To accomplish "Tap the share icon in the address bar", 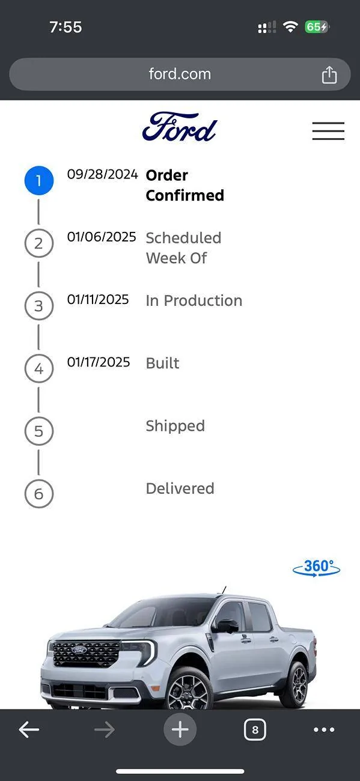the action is tap(329, 75).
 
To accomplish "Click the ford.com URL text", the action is tap(180, 74).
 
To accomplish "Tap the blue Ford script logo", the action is tap(180, 127).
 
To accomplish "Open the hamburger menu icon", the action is tap(328, 131).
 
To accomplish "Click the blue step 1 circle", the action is tap(38, 181).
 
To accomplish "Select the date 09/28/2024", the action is tap(102, 174).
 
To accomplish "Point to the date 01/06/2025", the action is tap(102, 237).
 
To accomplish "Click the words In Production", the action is tap(194, 300).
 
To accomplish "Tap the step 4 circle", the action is tap(38, 368).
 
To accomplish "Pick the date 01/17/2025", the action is tap(99, 362).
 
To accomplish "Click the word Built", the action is tap(162, 363).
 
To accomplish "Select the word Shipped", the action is tap(175, 426).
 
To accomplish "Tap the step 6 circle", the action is tap(38, 494).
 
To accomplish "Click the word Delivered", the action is tap(180, 488).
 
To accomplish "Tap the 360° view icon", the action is tap(316, 568).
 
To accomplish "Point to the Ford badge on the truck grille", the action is tap(79, 649).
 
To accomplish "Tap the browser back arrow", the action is tap(29, 729).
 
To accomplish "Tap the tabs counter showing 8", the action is tap(255, 730).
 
